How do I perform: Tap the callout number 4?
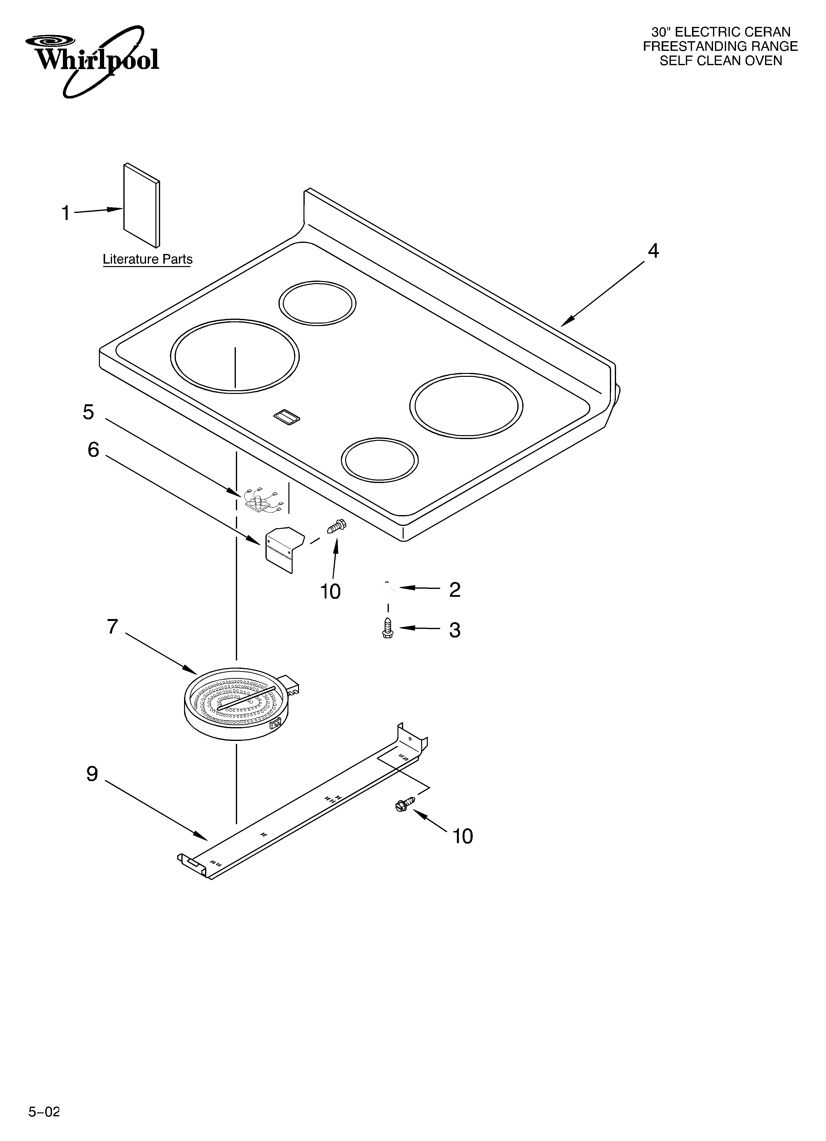pyautogui.click(x=653, y=251)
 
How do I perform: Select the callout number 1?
pyautogui.click(x=65, y=213)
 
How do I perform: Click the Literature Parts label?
pyautogui.click(x=147, y=259)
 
